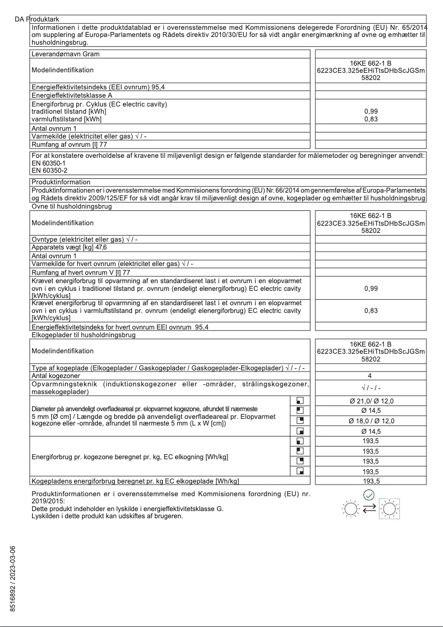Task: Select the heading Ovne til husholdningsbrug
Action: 71,206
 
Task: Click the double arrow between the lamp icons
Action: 368,508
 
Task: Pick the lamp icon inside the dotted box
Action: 390,508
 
